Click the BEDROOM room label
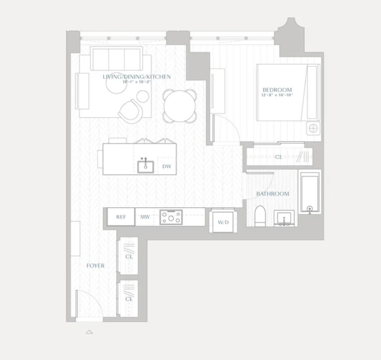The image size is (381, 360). (277, 90)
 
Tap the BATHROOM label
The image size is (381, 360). (273, 194)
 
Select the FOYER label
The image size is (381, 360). (95, 266)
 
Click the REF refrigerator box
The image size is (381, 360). (121, 217)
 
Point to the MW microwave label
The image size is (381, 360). (145, 217)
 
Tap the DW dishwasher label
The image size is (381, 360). (166, 167)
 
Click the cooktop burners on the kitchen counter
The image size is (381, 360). (171, 217)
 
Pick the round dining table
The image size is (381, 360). (179, 105)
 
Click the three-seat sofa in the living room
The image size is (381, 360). (116, 58)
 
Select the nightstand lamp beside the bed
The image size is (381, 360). (313, 128)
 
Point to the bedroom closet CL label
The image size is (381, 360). (278, 157)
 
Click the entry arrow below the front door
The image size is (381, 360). (89, 332)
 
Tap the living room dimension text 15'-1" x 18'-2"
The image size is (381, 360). (136, 82)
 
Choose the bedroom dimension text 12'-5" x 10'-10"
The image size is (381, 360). (277, 95)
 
